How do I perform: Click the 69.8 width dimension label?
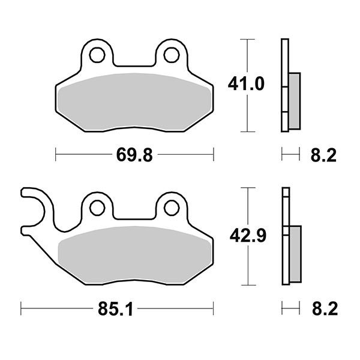(x=134, y=155)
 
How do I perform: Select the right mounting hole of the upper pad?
(x=170, y=55)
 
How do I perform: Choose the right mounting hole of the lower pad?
(x=170, y=208)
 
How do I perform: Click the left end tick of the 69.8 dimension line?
(x=56, y=155)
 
